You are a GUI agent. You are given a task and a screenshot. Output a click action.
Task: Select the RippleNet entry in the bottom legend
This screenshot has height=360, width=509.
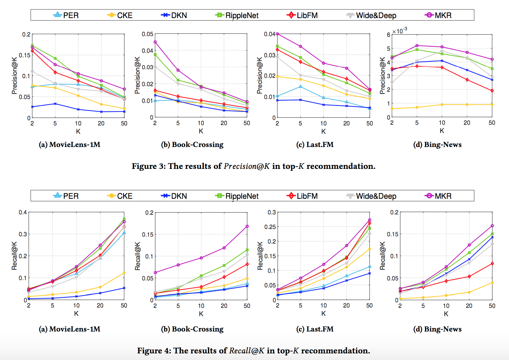point(242,196)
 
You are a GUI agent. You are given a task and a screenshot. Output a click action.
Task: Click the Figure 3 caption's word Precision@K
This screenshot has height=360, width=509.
point(247,166)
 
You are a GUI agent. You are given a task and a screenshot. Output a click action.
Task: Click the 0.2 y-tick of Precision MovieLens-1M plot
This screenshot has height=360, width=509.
point(26,34)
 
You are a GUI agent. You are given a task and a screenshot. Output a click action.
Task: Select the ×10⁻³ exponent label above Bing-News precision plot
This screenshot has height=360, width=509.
point(400,31)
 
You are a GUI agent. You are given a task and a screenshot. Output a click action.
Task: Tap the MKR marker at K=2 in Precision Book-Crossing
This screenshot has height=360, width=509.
point(155,42)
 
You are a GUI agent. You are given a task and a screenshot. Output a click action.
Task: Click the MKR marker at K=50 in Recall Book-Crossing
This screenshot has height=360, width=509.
point(247,226)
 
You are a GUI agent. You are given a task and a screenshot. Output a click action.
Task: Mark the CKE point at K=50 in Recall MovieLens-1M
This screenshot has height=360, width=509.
point(124,273)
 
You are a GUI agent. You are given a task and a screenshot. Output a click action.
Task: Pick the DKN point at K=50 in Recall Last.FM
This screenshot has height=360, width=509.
point(369,273)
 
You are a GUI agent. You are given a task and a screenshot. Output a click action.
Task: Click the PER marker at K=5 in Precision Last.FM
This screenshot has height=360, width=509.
point(300,87)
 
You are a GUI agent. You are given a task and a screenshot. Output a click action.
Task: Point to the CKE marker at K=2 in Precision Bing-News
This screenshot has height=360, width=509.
point(392,109)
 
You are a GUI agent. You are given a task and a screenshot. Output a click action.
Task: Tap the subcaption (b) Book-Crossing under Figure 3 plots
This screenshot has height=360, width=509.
point(192,145)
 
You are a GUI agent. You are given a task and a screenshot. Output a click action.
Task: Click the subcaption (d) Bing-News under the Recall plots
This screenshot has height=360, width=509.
point(437,329)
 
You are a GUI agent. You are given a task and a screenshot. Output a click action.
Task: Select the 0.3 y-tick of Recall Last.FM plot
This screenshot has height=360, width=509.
point(272,212)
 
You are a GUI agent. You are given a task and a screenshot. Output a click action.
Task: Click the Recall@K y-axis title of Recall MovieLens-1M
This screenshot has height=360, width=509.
point(14,256)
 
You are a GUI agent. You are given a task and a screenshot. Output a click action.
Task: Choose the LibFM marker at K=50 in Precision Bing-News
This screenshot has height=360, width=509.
point(492,91)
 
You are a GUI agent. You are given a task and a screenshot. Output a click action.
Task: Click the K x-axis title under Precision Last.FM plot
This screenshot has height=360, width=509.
point(323,131)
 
